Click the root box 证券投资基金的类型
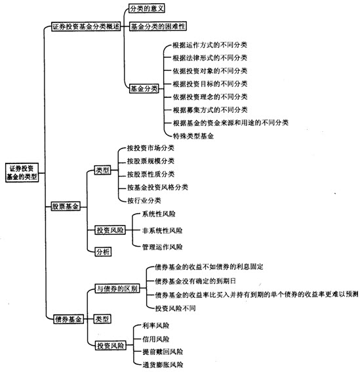[22, 173]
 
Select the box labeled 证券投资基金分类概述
[86, 26]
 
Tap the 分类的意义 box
[147, 9]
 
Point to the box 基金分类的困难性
[158, 26]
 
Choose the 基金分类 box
[144, 89]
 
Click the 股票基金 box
[66, 207]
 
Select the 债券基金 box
[69, 319]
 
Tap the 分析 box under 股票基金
[103, 252]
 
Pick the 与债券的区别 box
[117, 289]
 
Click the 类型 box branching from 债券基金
[102, 319]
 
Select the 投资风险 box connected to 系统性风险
[110, 230]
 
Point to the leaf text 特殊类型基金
[193, 136]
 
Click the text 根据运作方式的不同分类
[210, 45]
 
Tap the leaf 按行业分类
[144, 201]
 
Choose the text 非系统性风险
[162, 230]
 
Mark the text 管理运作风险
[162, 247]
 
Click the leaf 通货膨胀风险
[163, 365]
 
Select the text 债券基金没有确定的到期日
[195, 281]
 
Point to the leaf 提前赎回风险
[163, 352]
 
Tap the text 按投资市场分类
[151, 148]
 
